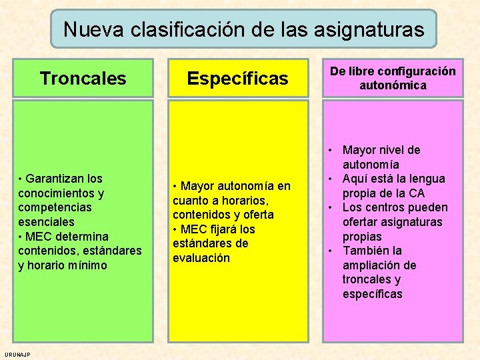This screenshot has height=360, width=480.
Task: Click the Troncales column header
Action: coord(83,79)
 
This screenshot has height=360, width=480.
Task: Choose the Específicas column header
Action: coord(237,79)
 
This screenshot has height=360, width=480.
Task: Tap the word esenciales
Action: coord(46,222)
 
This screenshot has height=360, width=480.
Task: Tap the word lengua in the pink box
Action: coord(431,179)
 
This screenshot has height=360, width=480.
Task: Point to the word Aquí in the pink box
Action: coord(355,179)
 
